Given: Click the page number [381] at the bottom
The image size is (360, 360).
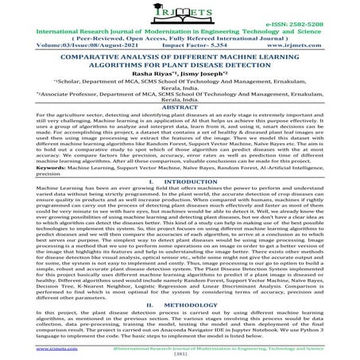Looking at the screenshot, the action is (x=180, y=354).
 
